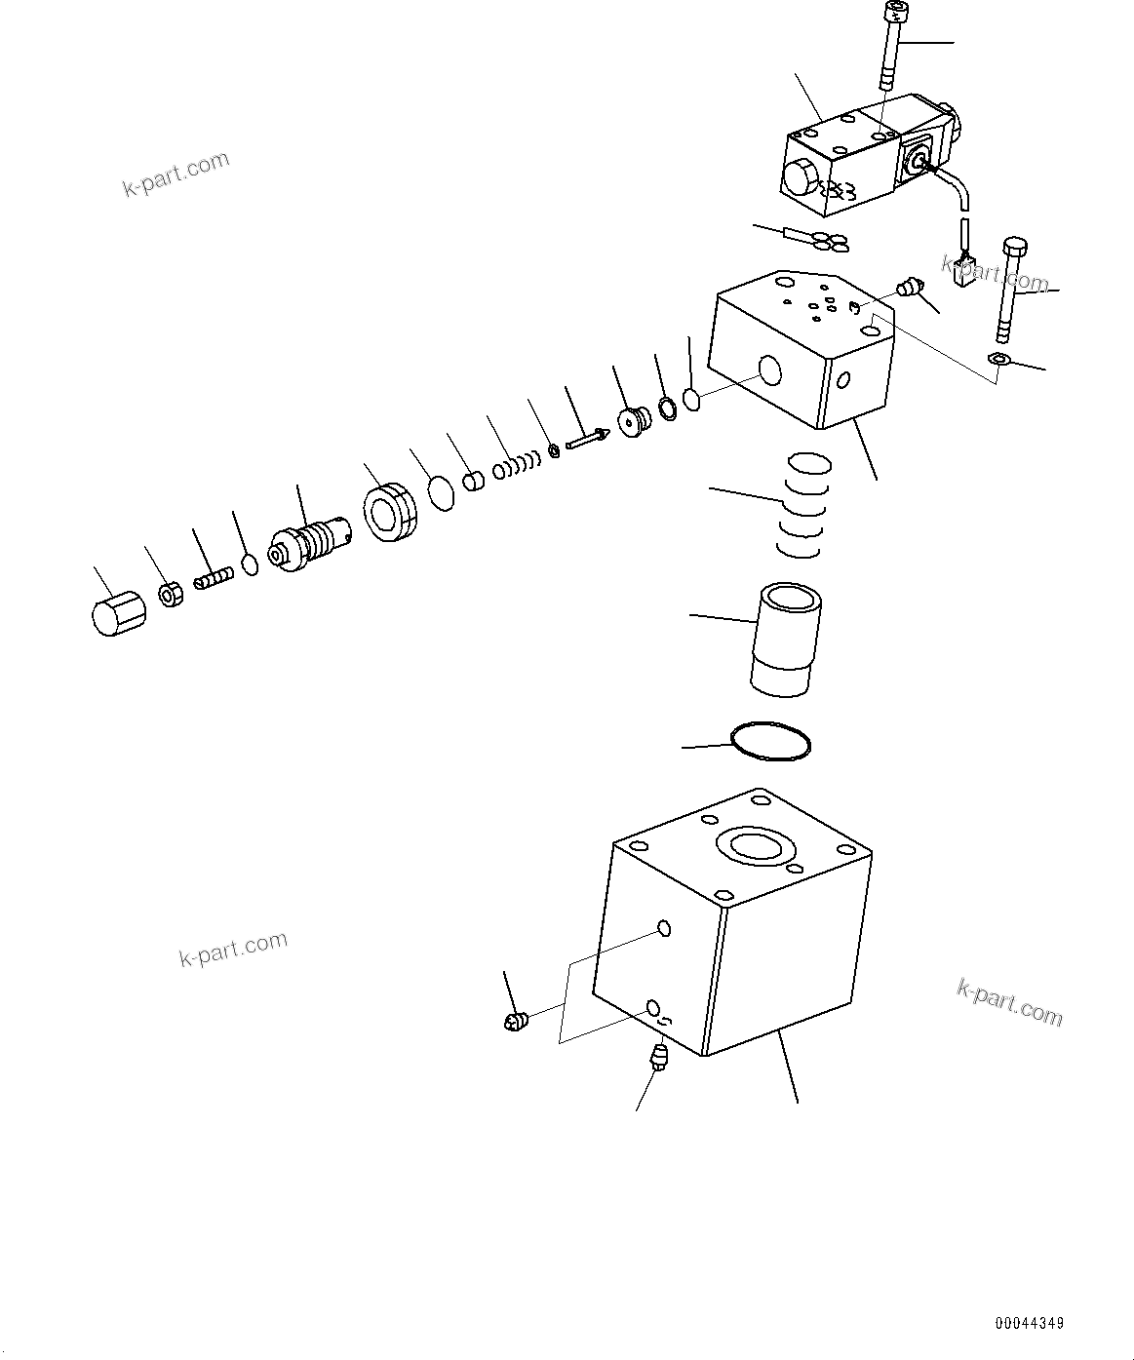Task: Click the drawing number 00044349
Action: pyautogui.click(x=1029, y=1324)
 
